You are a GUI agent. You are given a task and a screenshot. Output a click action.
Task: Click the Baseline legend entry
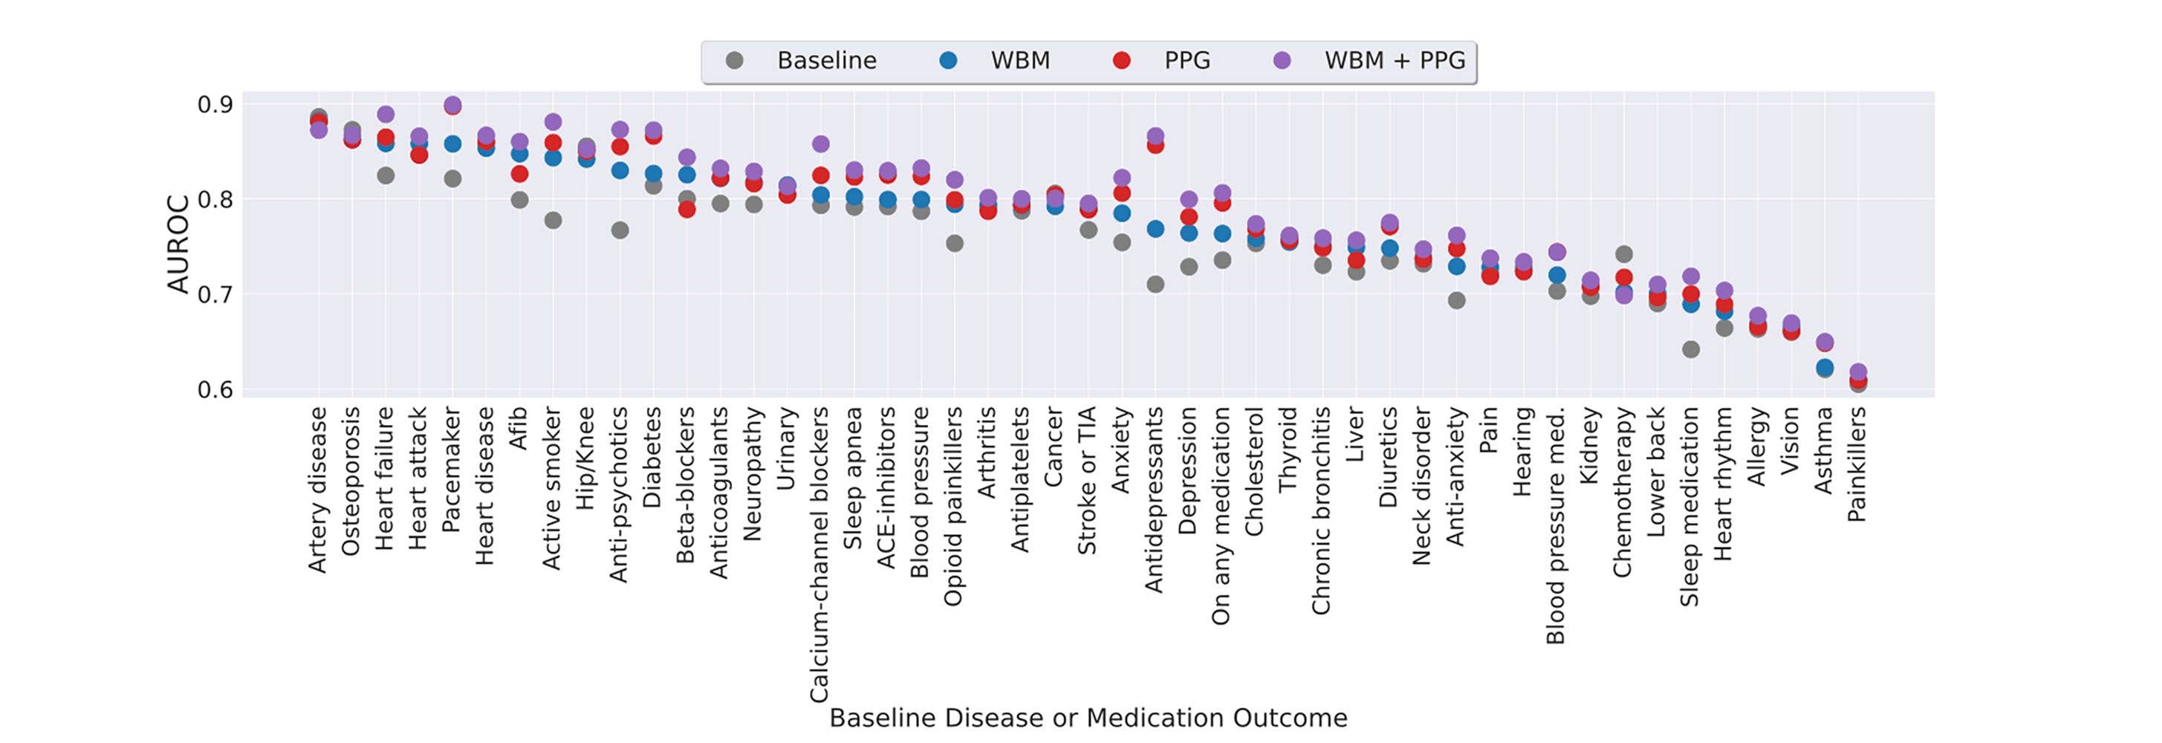point(826,61)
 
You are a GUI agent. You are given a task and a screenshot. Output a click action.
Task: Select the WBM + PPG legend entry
point(1394,61)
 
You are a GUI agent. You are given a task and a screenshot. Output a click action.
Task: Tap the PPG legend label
point(1186,61)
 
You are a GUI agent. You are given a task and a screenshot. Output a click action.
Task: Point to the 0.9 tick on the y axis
point(215,105)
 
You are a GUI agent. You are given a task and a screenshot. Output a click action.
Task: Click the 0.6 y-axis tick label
point(215,390)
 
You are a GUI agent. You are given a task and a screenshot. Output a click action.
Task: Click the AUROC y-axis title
point(178,245)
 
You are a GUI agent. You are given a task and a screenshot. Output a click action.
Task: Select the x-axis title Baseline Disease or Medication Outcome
point(1088,718)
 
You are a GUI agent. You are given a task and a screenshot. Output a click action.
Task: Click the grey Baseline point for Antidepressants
point(1155,285)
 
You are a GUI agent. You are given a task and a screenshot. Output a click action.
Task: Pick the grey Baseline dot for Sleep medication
point(1691,349)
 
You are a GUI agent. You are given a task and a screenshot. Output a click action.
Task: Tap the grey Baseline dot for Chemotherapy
point(1624,253)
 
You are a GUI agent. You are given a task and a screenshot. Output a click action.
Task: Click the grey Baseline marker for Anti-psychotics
point(620,230)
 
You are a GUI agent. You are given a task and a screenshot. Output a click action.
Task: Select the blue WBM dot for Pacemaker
point(452,143)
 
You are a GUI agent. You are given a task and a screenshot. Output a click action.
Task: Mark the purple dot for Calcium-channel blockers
point(821,143)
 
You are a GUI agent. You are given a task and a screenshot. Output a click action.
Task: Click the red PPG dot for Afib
point(519,174)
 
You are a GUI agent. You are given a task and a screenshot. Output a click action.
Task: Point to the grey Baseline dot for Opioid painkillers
point(954,244)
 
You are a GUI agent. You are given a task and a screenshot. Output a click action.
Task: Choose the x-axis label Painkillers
point(1857,464)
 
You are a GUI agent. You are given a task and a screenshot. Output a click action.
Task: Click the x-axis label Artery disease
point(317,490)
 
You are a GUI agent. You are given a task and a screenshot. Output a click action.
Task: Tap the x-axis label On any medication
point(1221,516)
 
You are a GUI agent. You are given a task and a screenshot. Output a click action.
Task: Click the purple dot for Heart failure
point(386,114)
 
